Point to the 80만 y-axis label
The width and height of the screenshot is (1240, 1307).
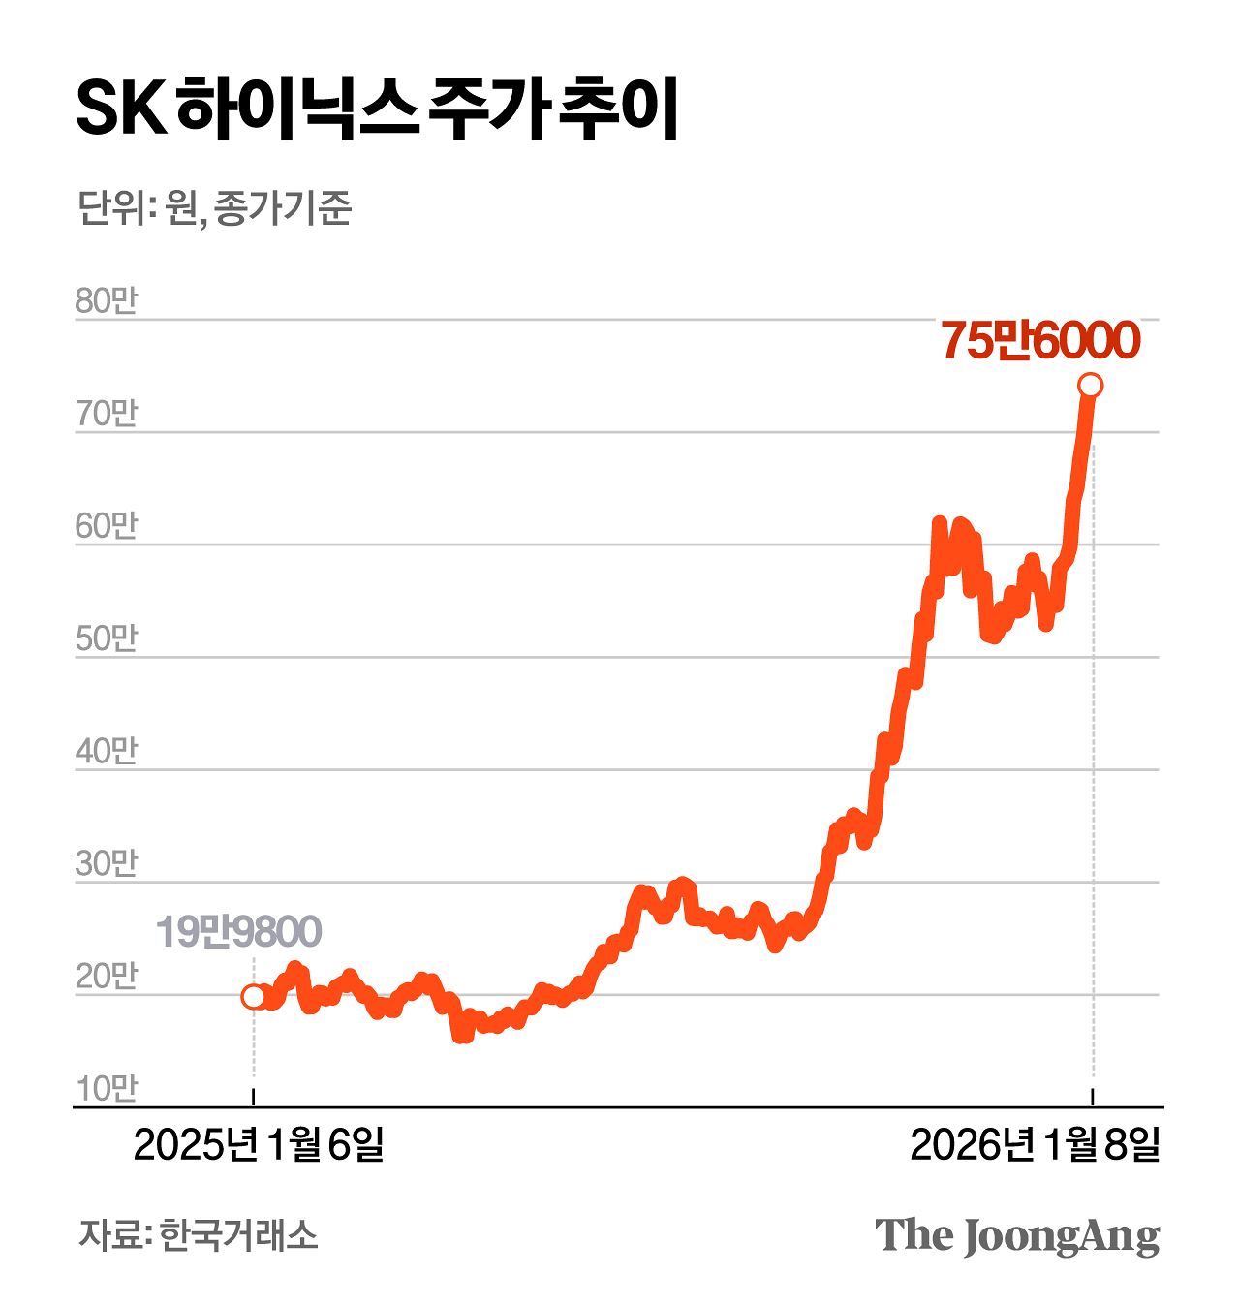(x=107, y=300)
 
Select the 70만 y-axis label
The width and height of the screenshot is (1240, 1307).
(x=107, y=414)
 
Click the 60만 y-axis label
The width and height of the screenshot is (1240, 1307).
(x=107, y=526)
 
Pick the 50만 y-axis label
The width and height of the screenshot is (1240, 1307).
(x=107, y=638)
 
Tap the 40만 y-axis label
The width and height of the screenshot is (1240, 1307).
(x=107, y=751)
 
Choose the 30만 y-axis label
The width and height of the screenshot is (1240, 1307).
(x=107, y=863)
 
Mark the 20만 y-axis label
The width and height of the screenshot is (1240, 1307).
(x=107, y=977)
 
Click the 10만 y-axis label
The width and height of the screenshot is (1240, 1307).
(x=107, y=1089)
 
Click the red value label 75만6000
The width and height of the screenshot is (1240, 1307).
(x=1039, y=341)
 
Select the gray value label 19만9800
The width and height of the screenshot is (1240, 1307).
(x=238, y=931)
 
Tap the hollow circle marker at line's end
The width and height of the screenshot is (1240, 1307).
(x=1090, y=386)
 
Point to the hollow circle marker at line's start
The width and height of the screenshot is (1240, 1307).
(x=253, y=996)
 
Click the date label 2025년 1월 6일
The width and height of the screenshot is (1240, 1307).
(x=259, y=1145)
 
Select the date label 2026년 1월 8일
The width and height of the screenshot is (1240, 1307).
(x=1035, y=1145)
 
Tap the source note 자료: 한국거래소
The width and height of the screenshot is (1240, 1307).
(x=198, y=1235)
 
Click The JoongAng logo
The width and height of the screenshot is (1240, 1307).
(x=1016, y=1236)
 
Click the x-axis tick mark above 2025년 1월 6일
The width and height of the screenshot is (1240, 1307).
(x=253, y=1097)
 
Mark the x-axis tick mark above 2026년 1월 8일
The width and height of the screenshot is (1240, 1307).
(x=1094, y=1097)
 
